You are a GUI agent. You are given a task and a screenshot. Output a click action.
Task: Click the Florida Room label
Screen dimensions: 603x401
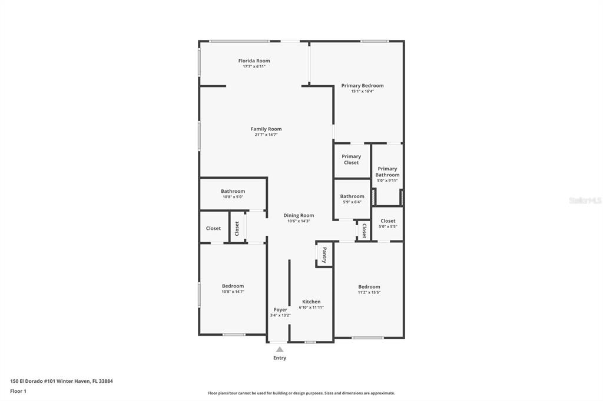(x=254, y=61)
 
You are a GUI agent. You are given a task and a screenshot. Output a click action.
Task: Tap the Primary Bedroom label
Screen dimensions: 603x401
(x=362, y=86)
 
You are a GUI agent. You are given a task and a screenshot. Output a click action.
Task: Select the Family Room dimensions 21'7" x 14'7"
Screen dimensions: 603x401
(x=266, y=135)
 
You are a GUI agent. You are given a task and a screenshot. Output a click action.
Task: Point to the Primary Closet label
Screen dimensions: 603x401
(x=351, y=159)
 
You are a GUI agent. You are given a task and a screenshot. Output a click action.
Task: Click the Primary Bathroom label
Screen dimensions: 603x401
(x=387, y=172)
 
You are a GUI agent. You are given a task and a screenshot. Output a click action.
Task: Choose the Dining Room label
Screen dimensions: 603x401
(x=299, y=215)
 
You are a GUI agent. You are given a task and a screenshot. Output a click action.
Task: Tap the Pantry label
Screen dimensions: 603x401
(x=324, y=255)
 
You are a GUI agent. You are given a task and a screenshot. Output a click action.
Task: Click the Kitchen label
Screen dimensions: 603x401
(x=311, y=302)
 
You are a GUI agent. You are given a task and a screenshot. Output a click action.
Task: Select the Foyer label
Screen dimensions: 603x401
(x=280, y=310)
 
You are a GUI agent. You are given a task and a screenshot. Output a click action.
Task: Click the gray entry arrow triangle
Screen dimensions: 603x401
(x=280, y=349)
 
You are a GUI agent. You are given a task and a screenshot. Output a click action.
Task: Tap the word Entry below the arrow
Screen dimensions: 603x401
(x=280, y=358)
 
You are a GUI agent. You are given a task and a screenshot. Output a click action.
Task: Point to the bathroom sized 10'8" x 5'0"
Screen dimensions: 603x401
(x=233, y=193)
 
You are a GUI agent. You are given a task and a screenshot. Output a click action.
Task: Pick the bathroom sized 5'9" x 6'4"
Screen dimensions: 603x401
(x=352, y=199)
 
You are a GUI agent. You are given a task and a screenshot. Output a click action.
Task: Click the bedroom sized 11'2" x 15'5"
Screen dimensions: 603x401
(x=369, y=289)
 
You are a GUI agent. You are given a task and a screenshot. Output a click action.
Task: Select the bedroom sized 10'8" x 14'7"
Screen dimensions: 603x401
(x=233, y=289)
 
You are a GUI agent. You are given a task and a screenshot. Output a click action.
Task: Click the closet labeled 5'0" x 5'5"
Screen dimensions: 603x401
(x=387, y=223)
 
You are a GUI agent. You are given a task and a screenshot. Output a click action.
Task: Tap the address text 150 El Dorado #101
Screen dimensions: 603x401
(x=32, y=382)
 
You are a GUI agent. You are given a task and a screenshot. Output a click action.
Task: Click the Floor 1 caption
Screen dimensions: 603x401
(x=18, y=392)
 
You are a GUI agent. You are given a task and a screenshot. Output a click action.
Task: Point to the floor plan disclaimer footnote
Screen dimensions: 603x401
(x=301, y=393)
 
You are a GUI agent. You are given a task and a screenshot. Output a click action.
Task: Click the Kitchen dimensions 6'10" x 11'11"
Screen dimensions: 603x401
(x=311, y=308)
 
